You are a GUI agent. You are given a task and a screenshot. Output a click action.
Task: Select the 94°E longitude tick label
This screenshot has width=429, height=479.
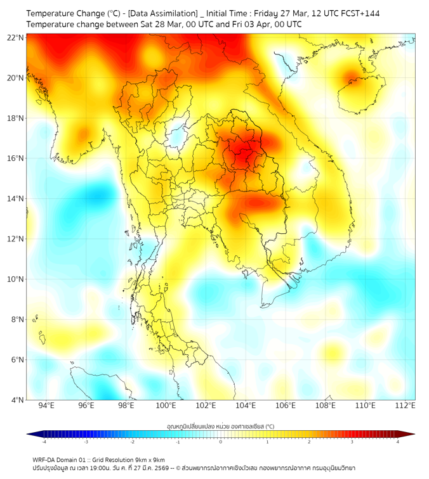(x=46, y=406)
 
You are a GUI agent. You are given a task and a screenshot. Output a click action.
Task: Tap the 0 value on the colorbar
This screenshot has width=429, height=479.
(x=221, y=442)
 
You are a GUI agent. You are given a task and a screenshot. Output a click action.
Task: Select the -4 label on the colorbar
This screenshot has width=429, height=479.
(x=43, y=442)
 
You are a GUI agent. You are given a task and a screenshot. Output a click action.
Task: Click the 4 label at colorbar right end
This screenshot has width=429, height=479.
(x=398, y=442)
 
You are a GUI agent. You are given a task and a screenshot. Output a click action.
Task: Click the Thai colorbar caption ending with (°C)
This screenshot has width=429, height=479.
(x=221, y=426)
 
